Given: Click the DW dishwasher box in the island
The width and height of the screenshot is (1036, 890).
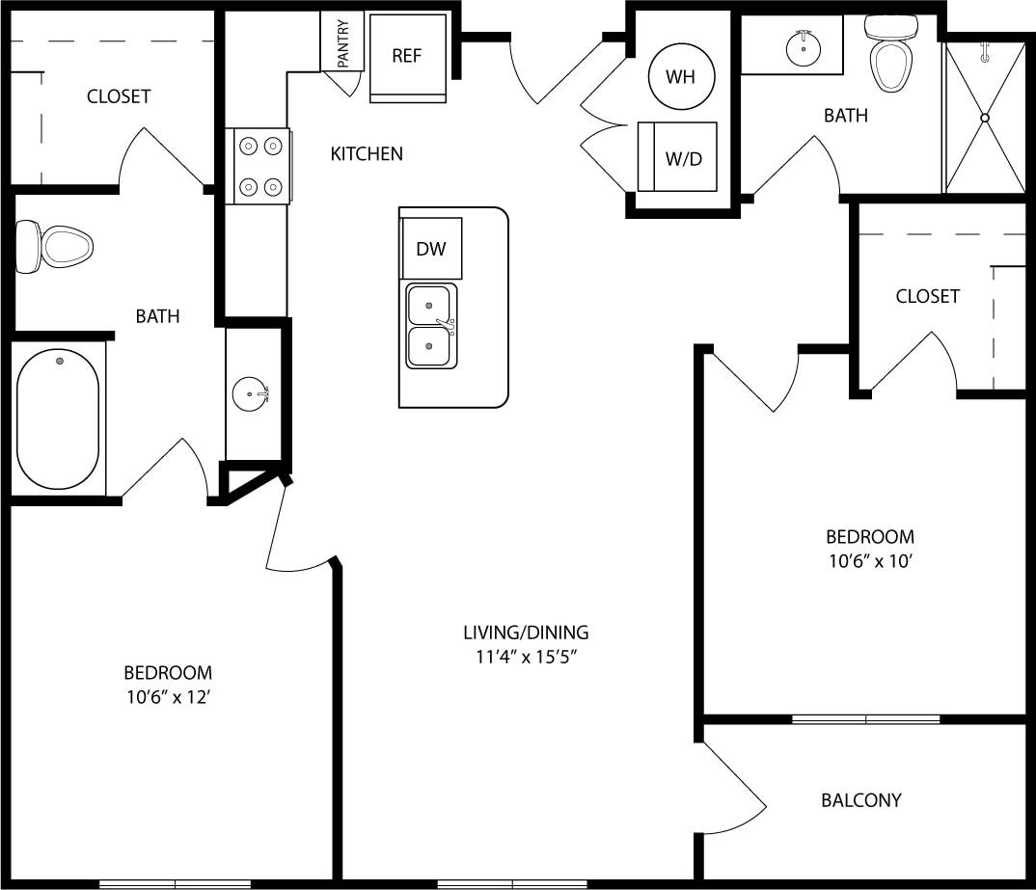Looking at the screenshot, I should point(431,249).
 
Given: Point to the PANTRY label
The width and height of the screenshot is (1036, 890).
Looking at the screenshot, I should point(342,42).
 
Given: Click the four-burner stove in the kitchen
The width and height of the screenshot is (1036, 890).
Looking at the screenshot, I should point(259,166).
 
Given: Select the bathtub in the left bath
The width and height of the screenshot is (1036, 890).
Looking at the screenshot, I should point(59,418).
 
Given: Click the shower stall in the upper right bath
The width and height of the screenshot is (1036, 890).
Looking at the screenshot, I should point(984,116).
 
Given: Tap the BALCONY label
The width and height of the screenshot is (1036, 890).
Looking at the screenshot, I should point(860,800).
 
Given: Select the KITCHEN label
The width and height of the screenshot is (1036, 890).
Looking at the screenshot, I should point(367,153).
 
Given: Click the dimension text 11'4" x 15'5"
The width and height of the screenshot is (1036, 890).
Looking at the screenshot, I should point(526,657).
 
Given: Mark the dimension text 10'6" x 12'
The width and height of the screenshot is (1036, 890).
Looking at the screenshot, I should point(168,696).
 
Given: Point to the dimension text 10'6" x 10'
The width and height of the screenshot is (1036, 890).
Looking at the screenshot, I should point(869,560).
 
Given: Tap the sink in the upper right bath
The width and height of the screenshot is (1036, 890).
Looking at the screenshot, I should point(802,43).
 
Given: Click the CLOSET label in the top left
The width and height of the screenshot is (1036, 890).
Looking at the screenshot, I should point(119,96).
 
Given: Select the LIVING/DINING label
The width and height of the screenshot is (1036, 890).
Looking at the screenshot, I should point(526,633).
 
